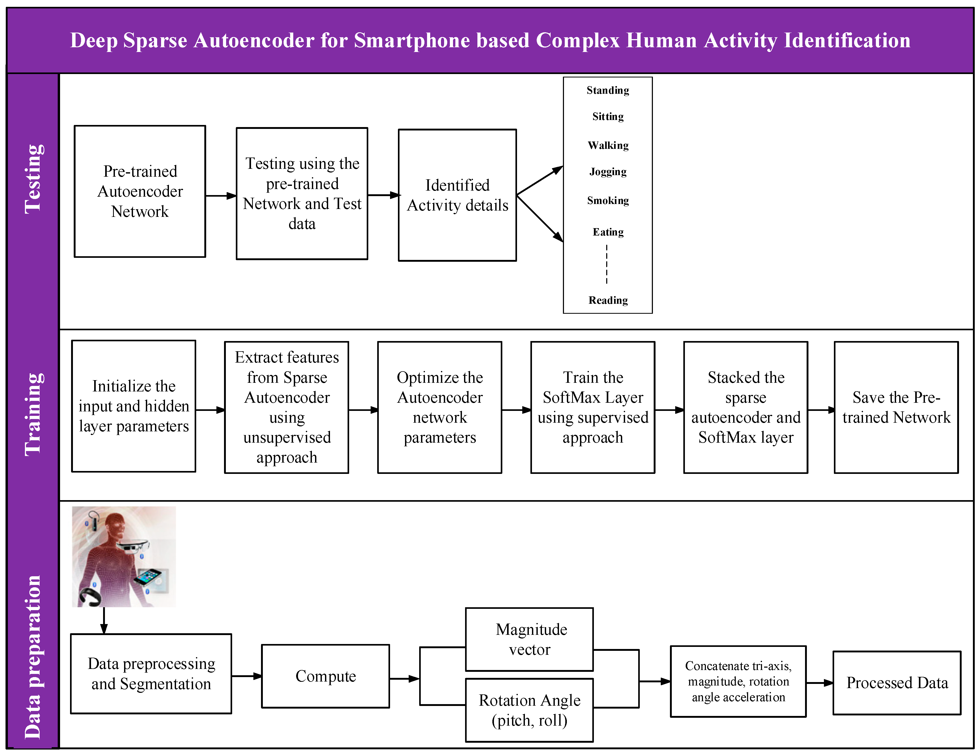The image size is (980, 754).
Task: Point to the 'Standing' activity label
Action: tap(608, 90)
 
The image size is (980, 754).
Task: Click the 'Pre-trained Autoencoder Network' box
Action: tap(140, 191)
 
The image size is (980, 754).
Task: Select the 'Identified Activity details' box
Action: tap(457, 195)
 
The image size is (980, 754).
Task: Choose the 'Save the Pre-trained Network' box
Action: tap(896, 407)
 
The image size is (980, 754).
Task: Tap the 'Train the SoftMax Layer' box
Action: tap(592, 407)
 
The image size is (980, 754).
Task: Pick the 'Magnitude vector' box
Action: tap(529, 639)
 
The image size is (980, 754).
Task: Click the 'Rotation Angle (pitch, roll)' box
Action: tap(529, 710)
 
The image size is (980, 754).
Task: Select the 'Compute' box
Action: tap(326, 676)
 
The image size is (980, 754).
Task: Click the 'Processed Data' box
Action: tap(897, 683)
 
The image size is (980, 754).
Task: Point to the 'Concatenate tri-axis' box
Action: tap(738, 681)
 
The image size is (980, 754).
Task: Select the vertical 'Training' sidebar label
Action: tap(34, 414)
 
